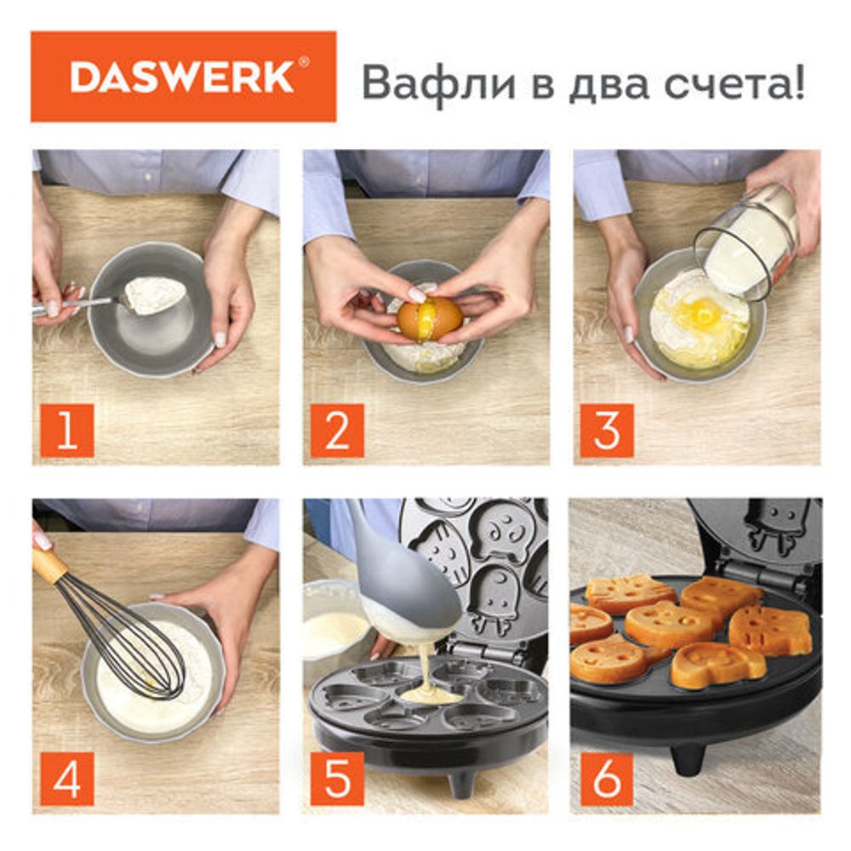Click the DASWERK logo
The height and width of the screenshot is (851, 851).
(x=183, y=77)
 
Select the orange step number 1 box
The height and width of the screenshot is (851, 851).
(x=67, y=431)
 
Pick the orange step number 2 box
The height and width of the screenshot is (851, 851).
(x=337, y=431)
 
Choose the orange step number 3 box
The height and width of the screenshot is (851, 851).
(x=607, y=431)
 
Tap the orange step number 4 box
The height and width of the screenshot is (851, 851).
(x=67, y=779)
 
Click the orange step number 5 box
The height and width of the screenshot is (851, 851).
(x=337, y=779)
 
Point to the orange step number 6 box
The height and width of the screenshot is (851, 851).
(x=607, y=779)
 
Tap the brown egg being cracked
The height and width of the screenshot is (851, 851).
(x=430, y=319)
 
